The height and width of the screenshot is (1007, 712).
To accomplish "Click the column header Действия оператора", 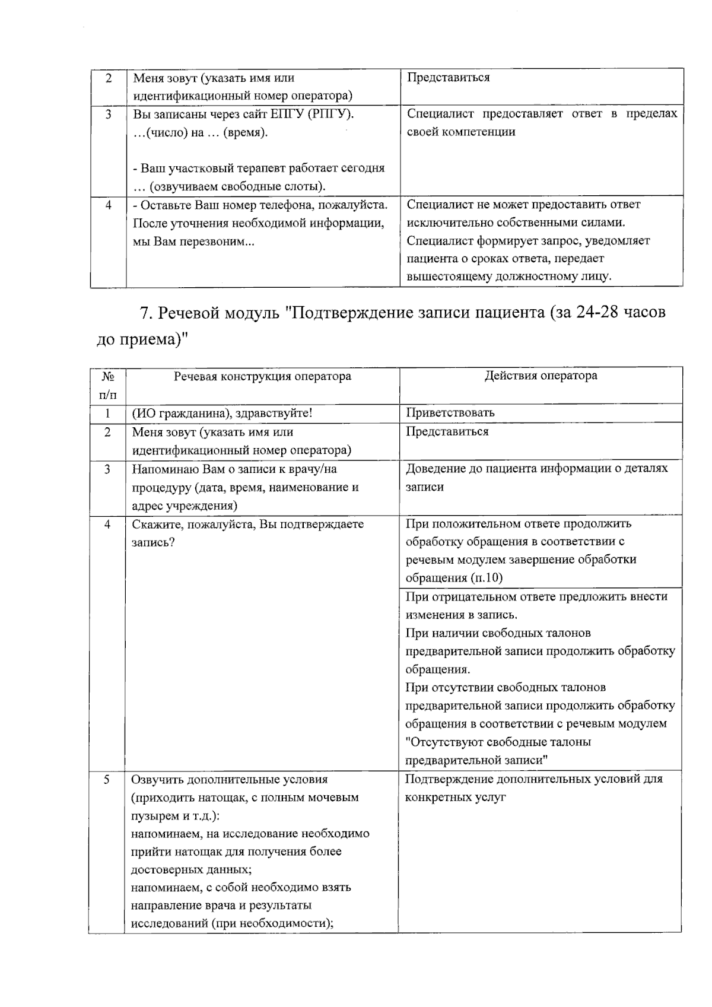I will pos(541,376).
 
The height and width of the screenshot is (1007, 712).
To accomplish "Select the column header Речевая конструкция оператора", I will pos(262,376).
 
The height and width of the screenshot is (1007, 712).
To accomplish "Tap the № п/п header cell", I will pos(108,385).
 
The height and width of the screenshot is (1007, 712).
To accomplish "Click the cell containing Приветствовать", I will pos(450,412).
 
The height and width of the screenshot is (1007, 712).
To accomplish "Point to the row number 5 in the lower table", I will pos(107,779).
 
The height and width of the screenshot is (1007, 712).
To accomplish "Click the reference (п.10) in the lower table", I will pos(487,578).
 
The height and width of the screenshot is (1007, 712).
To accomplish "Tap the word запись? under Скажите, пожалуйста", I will pos(153,543).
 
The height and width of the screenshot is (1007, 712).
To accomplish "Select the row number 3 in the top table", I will pos(108,114).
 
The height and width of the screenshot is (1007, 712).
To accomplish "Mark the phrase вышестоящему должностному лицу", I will pos(508,277).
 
